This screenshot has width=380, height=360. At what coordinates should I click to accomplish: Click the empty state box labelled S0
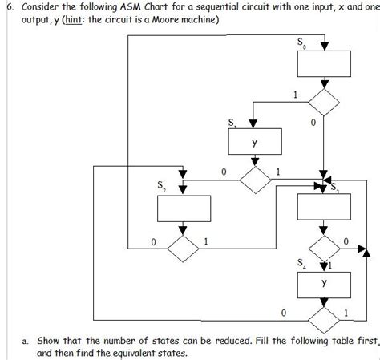[x=324, y=63]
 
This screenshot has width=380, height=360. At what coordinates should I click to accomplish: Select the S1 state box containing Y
[x=254, y=143]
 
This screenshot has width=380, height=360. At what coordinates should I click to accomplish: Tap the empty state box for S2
[x=183, y=210]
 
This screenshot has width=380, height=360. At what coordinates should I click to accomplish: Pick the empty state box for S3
[x=324, y=208]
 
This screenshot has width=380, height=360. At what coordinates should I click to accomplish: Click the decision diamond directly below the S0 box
[x=324, y=102]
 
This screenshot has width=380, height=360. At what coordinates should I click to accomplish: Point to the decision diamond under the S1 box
[x=254, y=180]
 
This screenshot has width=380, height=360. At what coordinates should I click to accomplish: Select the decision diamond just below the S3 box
[x=324, y=243]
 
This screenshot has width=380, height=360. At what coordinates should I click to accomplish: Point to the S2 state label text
[x=162, y=189]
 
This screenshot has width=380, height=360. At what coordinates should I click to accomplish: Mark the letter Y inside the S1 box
[x=254, y=144]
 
